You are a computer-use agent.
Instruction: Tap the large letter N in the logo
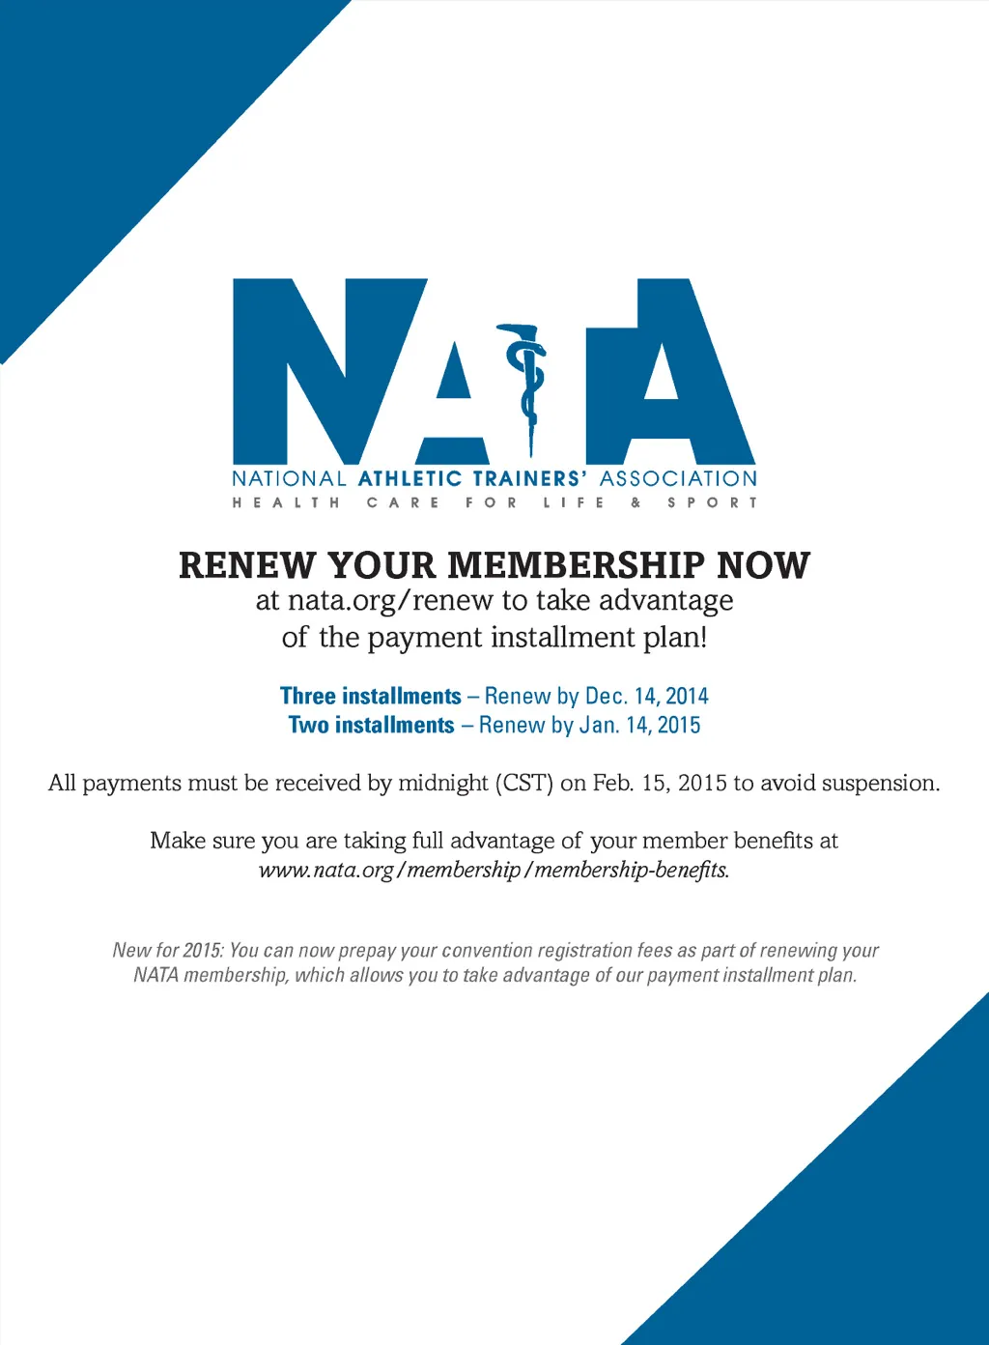[328, 372]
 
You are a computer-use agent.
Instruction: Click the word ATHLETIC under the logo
[410, 478]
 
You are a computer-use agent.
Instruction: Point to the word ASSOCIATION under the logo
[678, 478]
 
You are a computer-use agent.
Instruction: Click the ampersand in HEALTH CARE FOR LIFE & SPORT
[636, 502]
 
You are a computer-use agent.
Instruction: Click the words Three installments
[371, 696]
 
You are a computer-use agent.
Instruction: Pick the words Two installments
[371, 725]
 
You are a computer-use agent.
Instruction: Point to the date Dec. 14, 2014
[646, 696]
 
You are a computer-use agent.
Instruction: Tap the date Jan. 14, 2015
[639, 725]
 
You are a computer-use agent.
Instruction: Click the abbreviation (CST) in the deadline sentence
[523, 783]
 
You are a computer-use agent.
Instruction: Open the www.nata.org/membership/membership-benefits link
[494, 870]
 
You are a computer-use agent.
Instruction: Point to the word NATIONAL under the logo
[289, 478]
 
